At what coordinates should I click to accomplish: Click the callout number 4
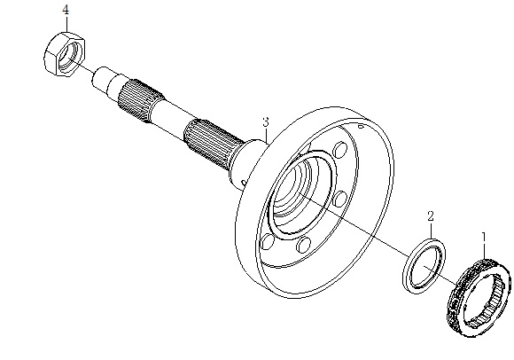pos(66,10)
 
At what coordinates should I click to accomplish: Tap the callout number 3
pos(266,122)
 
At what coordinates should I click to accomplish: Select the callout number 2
pos(431,215)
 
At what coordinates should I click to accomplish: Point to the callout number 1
pos(484,237)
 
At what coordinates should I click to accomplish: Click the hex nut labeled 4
pos(65,54)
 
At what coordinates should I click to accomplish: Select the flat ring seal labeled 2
pos(424,266)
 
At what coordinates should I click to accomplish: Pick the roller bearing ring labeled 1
pos(479,298)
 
